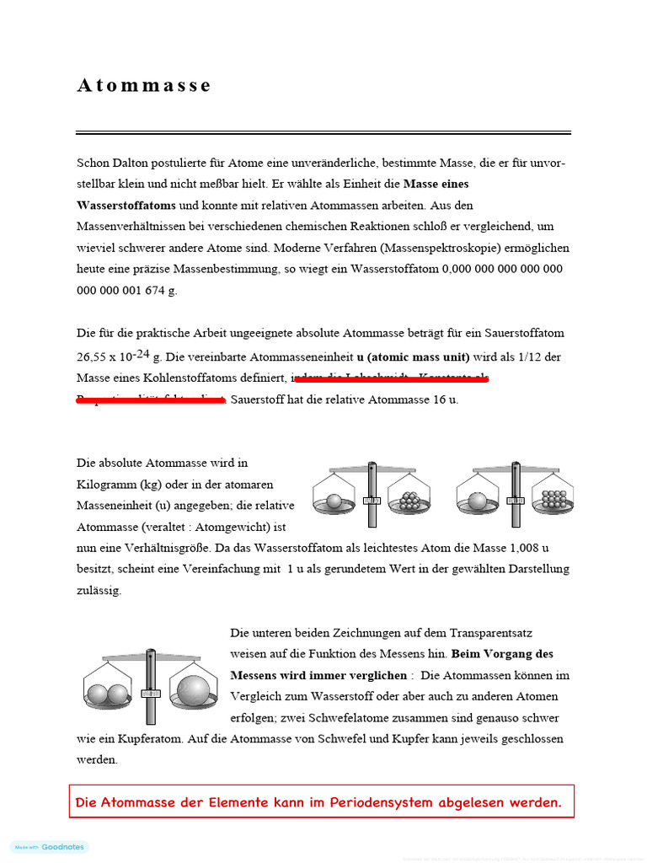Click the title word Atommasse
coord(144,85)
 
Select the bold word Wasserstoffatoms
coord(126,205)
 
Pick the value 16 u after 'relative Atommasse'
coord(445,399)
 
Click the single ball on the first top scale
coord(334,501)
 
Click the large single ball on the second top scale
coord(478,501)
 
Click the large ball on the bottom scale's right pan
coord(193,689)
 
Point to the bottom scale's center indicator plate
coord(151,693)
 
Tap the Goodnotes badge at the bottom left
coord(50,847)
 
